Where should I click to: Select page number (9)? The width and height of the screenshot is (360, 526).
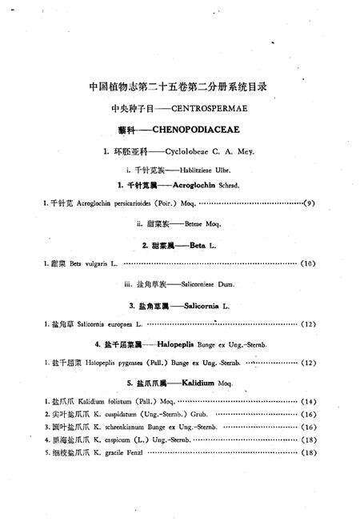[x=309, y=204]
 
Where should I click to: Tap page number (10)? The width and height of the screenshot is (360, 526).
[x=308, y=262]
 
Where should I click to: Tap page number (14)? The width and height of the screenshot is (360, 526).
[x=308, y=400]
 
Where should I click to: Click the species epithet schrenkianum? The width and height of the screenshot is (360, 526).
[x=130, y=428]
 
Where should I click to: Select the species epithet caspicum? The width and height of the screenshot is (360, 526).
[x=118, y=440]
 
